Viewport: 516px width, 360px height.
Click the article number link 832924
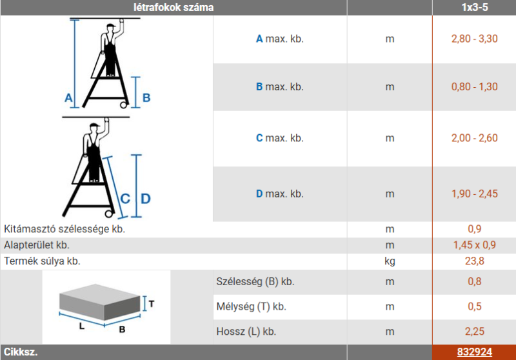tap(474, 352)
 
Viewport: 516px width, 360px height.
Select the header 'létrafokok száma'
tap(174, 7)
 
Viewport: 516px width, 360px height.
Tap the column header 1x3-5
tap(475, 7)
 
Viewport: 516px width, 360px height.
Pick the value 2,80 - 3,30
tap(474, 39)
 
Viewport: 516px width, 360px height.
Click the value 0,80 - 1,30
tap(474, 87)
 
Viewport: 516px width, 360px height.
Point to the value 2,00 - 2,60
tap(474, 138)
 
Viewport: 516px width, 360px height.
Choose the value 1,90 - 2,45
tap(474, 194)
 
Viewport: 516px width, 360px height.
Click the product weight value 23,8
tap(475, 261)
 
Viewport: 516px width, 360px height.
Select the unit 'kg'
tap(390, 261)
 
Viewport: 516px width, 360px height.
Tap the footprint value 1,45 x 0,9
tap(474, 245)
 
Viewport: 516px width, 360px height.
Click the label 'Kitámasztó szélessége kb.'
tap(64, 228)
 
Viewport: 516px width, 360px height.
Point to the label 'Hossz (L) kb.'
tap(246, 332)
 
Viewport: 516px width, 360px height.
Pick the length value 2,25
tap(475, 332)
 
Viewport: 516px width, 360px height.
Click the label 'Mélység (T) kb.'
tap(252, 306)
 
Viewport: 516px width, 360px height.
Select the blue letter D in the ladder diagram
tap(146, 199)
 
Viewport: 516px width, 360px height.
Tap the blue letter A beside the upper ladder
tap(68, 97)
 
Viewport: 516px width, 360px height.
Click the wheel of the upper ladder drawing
tap(124, 105)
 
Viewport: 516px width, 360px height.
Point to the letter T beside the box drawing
tap(152, 304)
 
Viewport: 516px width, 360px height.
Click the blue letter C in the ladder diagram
tap(125, 199)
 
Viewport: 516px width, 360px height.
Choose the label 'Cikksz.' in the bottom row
tap(21, 352)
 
